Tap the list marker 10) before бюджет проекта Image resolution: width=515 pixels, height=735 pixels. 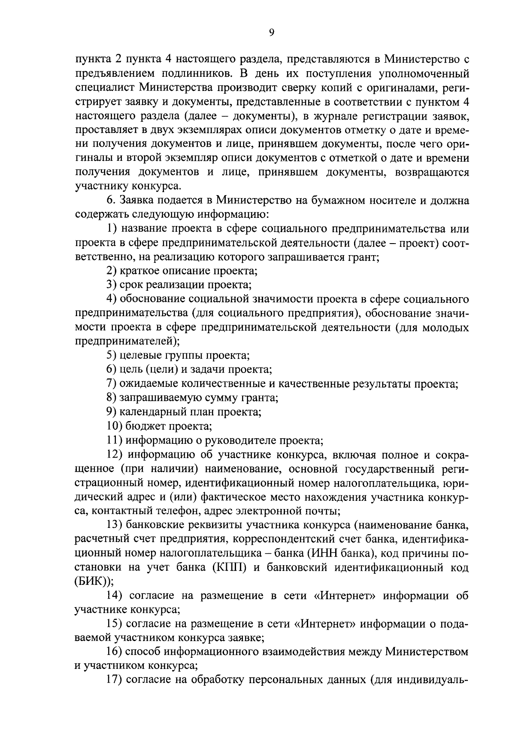pyautogui.click(x=115, y=426)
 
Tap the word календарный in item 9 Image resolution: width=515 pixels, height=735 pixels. pyautogui.click(x=147, y=412)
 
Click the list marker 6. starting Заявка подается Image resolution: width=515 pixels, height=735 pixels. pyautogui.click(x=111, y=200)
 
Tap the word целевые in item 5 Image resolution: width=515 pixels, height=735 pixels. pyautogui.click(x=139, y=355)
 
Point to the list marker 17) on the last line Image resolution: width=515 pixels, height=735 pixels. pyautogui.click(x=115, y=681)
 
